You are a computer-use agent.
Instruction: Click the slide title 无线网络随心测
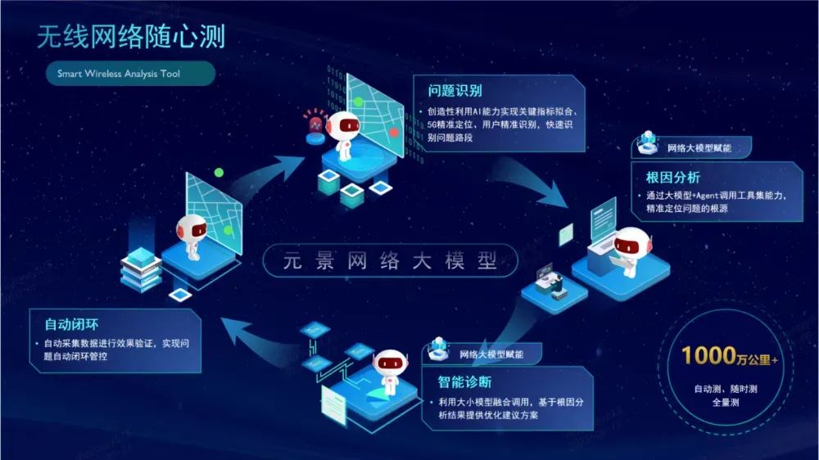[x=130, y=36]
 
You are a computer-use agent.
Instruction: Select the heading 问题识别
[x=455, y=91]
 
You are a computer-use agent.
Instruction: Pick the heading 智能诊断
[x=465, y=381]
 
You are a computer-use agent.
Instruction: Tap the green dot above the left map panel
[x=219, y=173]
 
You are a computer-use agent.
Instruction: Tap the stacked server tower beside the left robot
[x=141, y=268]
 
